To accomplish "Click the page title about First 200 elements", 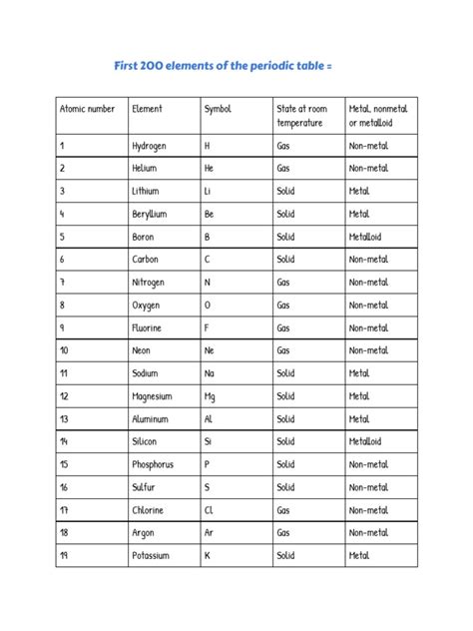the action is pyautogui.click(x=237, y=65).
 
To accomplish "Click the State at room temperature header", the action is pyautogui.click(x=301, y=115).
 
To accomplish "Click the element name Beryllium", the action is pyautogui.click(x=154, y=214).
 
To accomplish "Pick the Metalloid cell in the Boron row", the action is pyautogui.click(x=364, y=237).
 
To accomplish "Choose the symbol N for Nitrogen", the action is pyautogui.click(x=207, y=283).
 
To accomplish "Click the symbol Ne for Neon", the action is pyautogui.click(x=210, y=350).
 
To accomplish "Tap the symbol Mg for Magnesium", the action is pyautogui.click(x=211, y=395).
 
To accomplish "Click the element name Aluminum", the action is pyautogui.click(x=152, y=418).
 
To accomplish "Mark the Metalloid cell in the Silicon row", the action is pyautogui.click(x=364, y=441).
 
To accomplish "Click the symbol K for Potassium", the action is pyautogui.click(x=207, y=555).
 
